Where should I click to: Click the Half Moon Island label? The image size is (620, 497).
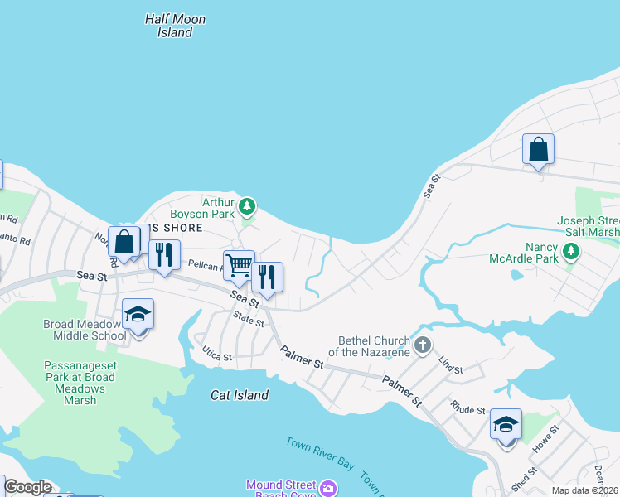pos(175,26)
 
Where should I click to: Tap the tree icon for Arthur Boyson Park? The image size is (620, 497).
pos(246,205)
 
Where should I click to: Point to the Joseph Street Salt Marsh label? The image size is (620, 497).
pos(588,227)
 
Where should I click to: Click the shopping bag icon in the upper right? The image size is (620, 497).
pos(538,150)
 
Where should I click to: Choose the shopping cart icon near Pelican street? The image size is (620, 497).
pos(239,266)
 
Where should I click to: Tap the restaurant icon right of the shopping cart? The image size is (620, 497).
pos(267,277)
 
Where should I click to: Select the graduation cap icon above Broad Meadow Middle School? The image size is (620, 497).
pos(138,315)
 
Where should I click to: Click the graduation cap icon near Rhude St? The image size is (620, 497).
pos(506,425)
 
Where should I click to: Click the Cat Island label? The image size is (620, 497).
pos(239,395)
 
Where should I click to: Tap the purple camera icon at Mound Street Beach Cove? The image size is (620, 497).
pos(329,489)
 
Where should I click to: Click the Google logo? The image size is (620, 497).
pos(27,487)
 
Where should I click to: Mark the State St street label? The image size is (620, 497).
pos(248,319)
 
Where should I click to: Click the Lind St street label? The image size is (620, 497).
pos(451,364)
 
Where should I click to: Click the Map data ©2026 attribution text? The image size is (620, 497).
pos(584,490)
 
